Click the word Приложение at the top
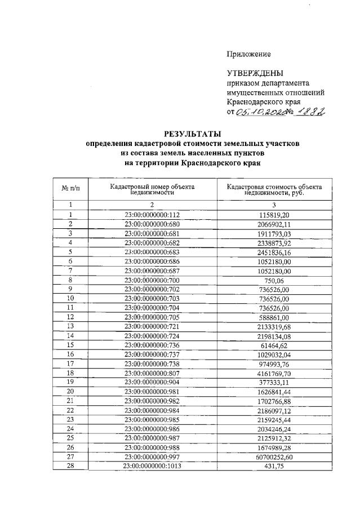[x=248, y=54]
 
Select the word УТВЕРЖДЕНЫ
[x=255, y=73]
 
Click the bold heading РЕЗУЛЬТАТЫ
[x=192, y=134]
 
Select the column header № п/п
[x=70, y=188]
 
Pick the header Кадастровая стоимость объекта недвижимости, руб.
[x=274, y=189]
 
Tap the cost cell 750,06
[x=274, y=280]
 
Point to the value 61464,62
[x=274, y=345]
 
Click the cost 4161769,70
[x=274, y=373]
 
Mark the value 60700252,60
[x=274, y=457]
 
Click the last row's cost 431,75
[x=274, y=467]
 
